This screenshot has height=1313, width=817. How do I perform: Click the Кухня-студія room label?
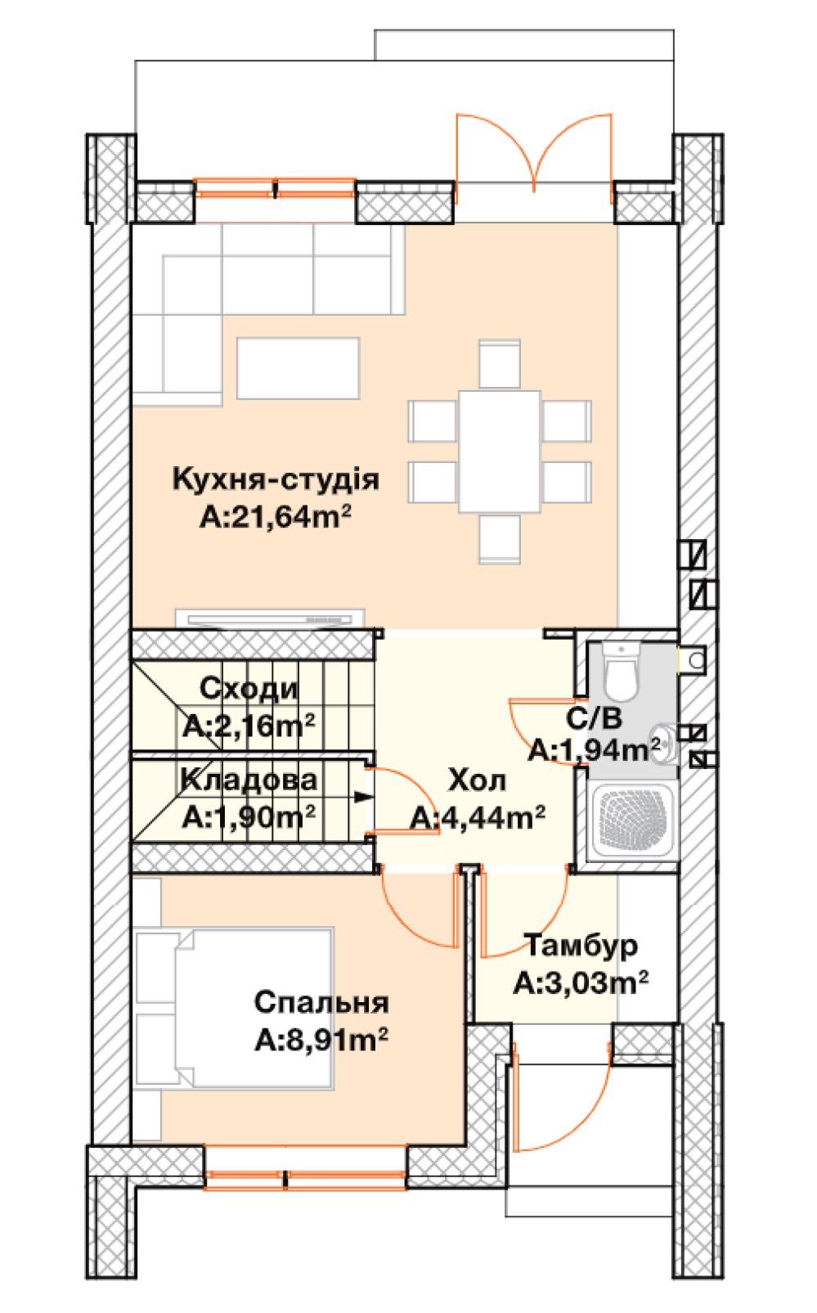pos(276,479)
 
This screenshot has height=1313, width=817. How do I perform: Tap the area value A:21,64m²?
pos(276,517)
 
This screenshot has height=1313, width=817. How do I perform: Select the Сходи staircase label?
pos(249,688)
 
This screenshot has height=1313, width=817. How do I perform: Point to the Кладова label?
pos(249,780)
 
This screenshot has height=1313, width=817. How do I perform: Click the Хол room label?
pos(477,780)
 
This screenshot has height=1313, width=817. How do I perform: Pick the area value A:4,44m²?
pos(477,818)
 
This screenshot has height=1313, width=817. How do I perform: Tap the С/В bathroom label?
pos(594,718)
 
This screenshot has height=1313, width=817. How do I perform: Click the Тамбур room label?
pos(581,945)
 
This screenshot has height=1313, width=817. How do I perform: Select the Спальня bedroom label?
pos(321,1002)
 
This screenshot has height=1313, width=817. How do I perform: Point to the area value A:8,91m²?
pos(321,1040)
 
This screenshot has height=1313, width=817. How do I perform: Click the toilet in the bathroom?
pos(622,671)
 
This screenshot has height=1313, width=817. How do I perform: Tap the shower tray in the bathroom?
pos(632,820)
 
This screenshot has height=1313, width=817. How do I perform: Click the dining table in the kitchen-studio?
pos(500,452)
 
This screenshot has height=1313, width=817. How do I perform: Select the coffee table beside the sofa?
pos(299,368)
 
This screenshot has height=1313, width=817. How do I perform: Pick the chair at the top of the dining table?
pos(500,364)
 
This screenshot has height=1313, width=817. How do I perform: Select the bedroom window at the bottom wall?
pos(305,1180)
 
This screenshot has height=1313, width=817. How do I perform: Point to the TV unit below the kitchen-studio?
pos(270,619)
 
